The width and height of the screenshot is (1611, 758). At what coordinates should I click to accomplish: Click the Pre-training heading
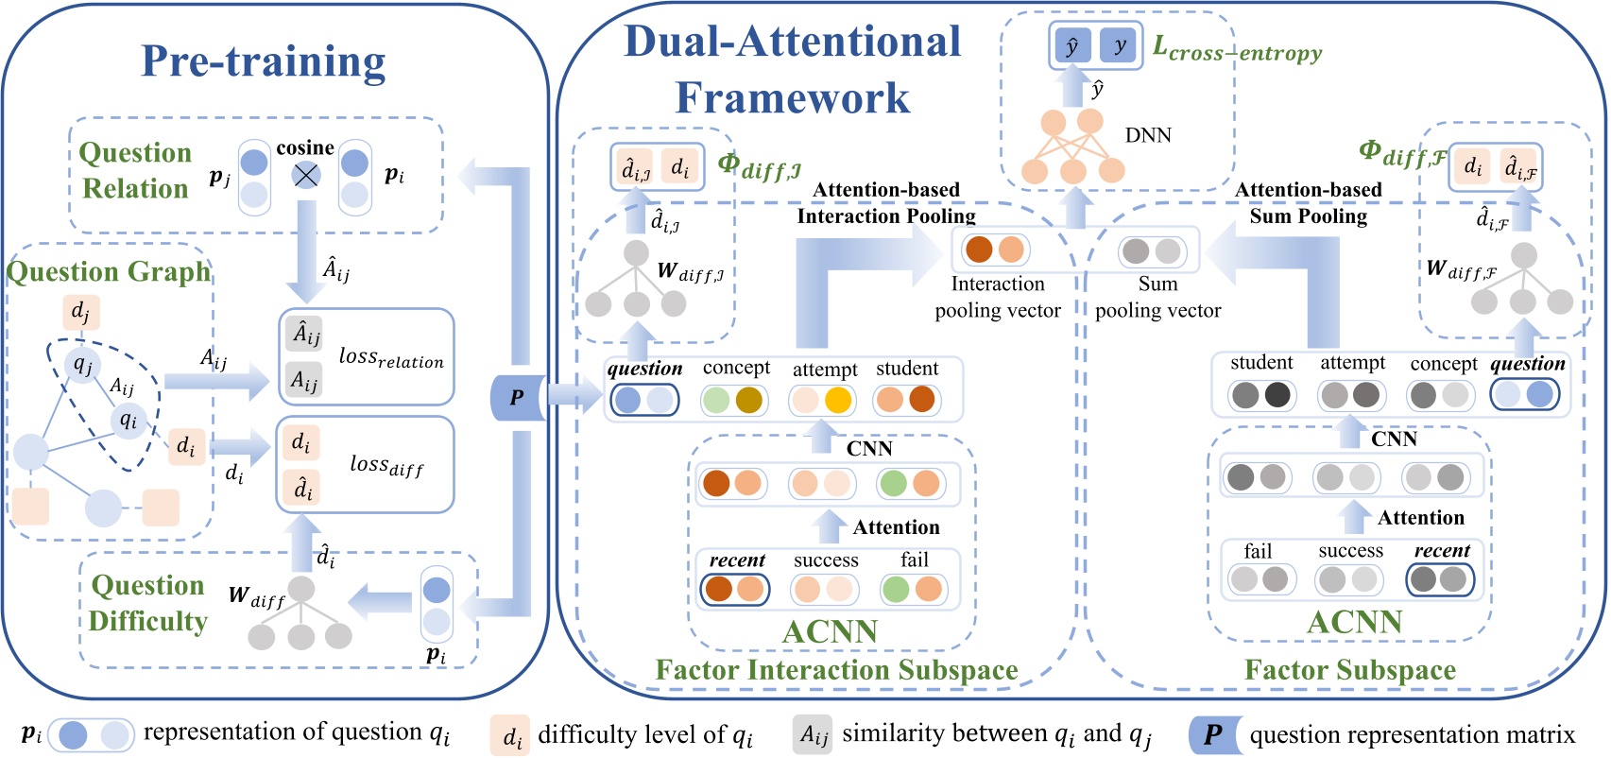pos(264,61)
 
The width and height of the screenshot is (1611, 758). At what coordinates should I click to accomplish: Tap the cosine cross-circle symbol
pos(305,175)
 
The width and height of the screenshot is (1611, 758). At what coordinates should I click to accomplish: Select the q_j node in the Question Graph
pos(83,364)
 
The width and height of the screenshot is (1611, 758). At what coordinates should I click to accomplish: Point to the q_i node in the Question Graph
pos(128,420)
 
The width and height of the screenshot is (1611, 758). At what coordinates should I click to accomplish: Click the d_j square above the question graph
pos(80,311)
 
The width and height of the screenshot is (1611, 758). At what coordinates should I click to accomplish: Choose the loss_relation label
pos(390,357)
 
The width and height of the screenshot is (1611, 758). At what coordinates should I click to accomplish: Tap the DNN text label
pos(1148,135)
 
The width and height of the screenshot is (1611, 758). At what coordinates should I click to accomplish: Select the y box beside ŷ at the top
pos(1120,45)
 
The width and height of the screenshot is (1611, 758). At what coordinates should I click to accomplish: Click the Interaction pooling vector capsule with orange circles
pos(994,250)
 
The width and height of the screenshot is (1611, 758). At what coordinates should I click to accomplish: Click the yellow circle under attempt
pos(838,400)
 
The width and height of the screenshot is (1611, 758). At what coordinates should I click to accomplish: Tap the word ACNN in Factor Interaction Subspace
pos(830,631)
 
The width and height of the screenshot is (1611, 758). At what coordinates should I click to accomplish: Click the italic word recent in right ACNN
pos(1441,551)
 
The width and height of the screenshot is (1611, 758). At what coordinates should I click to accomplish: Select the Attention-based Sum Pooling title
pos(1308,203)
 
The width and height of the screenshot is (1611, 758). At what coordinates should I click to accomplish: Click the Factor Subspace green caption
pos(1349,670)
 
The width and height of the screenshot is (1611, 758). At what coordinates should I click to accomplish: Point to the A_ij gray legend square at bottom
pos(812,734)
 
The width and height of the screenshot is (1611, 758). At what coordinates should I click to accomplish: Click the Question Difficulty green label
pos(147,603)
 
